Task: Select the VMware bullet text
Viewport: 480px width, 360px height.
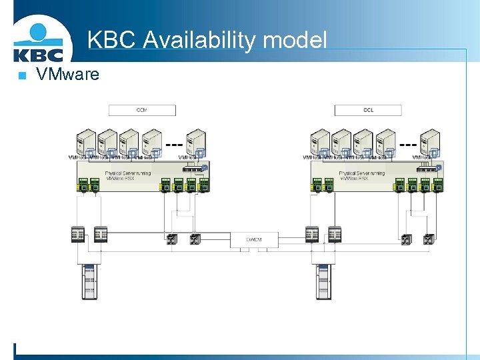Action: coord(67,74)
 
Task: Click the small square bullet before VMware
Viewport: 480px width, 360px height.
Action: coord(21,75)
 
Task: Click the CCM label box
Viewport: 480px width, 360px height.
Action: coord(142,110)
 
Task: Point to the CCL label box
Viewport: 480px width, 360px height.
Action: coord(368,110)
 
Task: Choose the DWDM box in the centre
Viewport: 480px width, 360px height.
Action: coord(255,239)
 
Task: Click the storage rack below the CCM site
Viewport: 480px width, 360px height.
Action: coord(89,281)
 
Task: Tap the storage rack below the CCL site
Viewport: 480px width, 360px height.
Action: coord(323,281)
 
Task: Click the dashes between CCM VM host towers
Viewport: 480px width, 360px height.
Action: coord(174,143)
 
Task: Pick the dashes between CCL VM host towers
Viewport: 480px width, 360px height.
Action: coord(408,143)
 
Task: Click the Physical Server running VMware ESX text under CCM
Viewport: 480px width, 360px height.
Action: coord(128,176)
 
